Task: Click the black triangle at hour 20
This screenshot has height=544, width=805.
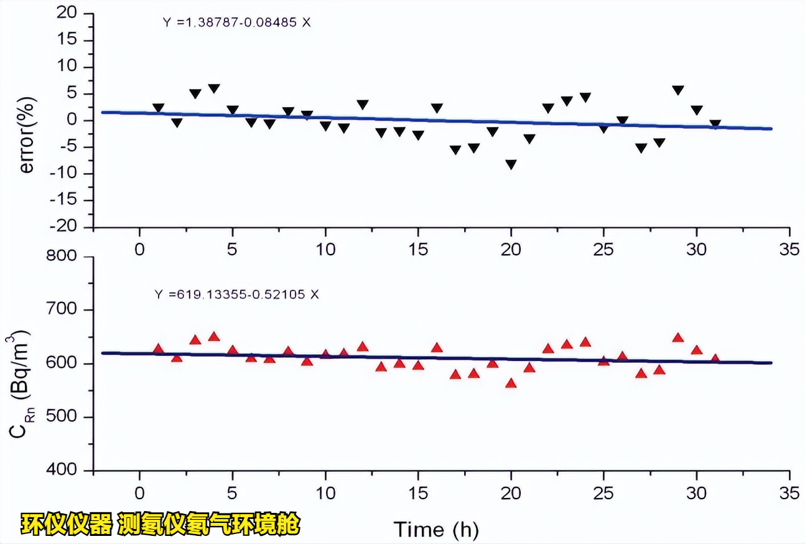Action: click(511, 164)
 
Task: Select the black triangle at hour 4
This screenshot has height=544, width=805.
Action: click(214, 88)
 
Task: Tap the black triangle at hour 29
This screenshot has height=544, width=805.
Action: click(678, 90)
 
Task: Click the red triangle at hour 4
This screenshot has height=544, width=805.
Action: click(214, 337)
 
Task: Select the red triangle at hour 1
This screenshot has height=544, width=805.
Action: click(158, 349)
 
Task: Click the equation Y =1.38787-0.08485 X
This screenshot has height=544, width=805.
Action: click(237, 23)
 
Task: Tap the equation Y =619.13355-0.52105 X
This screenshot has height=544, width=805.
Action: click(236, 294)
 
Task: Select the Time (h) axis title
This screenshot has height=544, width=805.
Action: click(435, 529)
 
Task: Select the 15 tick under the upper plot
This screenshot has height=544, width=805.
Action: click(418, 250)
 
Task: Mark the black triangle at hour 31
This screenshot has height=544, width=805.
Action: click(715, 124)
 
